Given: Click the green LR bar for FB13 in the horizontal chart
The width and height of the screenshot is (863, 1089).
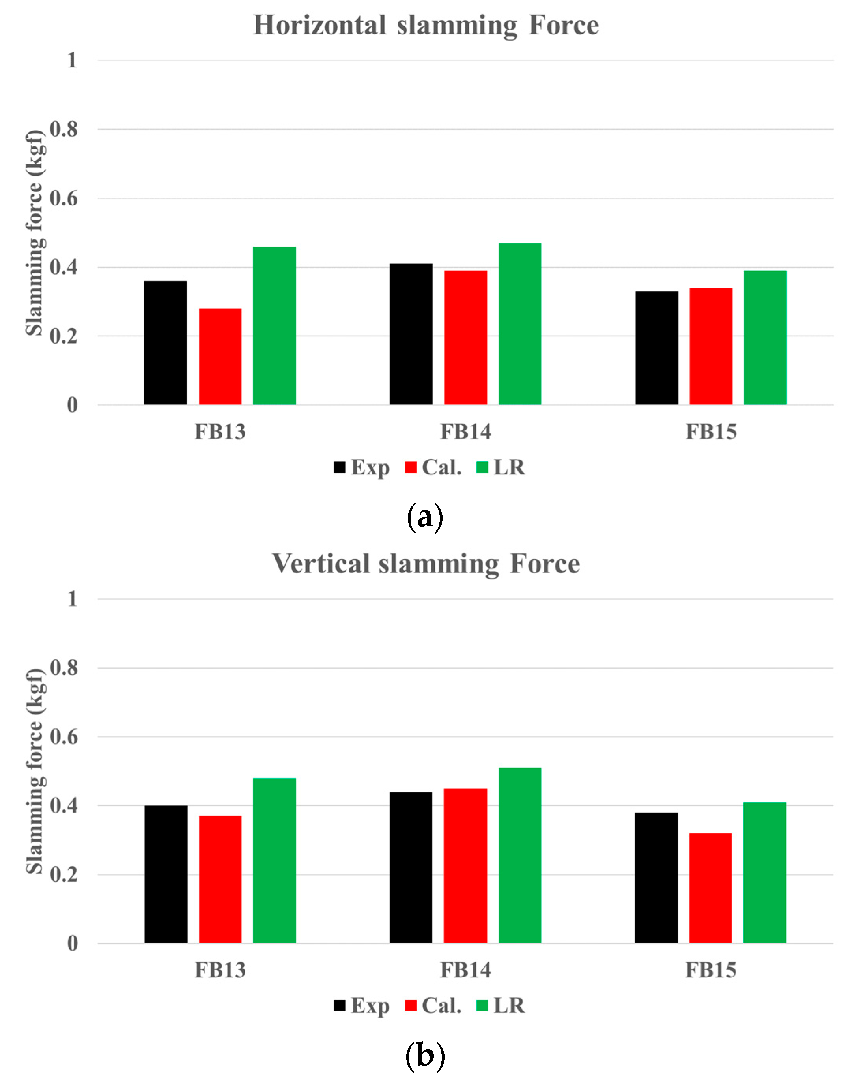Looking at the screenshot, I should click(274, 325).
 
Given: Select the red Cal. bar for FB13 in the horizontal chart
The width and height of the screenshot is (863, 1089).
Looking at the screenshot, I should click(220, 356).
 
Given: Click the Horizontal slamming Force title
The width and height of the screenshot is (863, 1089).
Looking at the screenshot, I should click(426, 25).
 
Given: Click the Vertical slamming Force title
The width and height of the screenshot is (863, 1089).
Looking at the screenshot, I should click(426, 564).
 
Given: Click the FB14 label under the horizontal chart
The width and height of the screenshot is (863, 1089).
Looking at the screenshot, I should click(465, 432).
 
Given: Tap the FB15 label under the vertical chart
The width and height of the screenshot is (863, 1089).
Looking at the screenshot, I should click(710, 970).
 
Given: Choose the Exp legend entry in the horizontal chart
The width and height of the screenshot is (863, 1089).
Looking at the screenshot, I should click(362, 467).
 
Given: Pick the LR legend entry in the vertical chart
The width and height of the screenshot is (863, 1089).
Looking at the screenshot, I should click(501, 1006).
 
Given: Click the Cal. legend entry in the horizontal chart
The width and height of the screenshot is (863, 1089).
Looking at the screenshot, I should click(433, 467).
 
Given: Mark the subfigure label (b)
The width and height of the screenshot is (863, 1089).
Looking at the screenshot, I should click(425, 1055).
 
